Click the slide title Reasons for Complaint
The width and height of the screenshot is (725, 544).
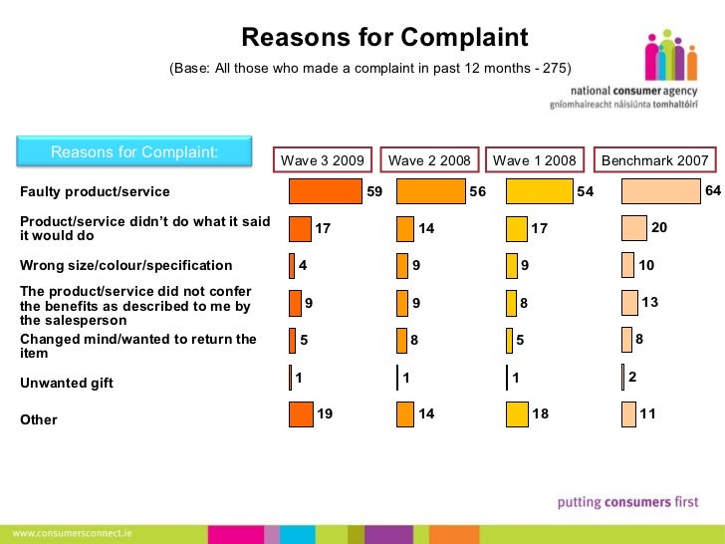(x=384, y=39)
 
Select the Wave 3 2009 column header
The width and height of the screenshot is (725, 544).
(x=323, y=160)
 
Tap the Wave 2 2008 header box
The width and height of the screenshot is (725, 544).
(x=430, y=160)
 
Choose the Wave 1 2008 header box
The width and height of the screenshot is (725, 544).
(x=535, y=160)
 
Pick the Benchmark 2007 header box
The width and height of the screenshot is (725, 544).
(x=654, y=160)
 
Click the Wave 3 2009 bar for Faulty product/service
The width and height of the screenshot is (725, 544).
(x=326, y=191)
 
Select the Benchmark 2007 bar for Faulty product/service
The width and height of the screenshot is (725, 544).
(x=660, y=191)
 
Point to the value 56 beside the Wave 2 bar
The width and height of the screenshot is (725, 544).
(x=478, y=192)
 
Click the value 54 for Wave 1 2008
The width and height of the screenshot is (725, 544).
(x=585, y=192)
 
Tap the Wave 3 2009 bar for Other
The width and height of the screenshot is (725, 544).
(x=301, y=413)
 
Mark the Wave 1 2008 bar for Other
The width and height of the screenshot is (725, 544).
(x=517, y=413)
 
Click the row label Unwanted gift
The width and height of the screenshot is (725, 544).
(x=67, y=383)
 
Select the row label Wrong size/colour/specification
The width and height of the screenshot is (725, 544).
(x=126, y=266)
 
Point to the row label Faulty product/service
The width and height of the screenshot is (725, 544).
(x=96, y=191)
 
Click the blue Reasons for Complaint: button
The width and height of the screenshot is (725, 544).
(x=134, y=152)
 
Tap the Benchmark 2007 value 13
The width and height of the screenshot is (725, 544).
(x=650, y=302)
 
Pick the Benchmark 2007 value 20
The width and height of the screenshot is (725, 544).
(x=658, y=228)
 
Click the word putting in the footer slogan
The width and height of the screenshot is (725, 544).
(x=578, y=503)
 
